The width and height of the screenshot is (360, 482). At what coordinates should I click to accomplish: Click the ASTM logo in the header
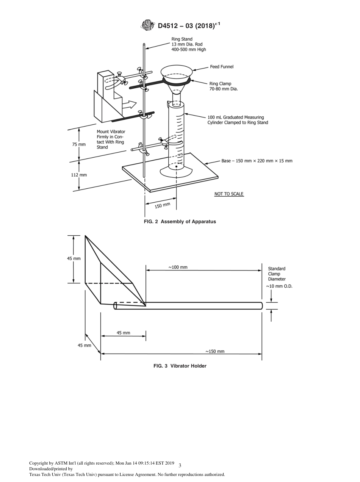[x=148, y=25]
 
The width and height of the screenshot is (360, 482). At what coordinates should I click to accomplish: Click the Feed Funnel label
[x=222, y=67]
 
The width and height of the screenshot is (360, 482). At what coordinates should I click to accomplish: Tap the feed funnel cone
[x=176, y=75]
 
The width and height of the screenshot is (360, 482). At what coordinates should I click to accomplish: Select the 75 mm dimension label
[x=79, y=144]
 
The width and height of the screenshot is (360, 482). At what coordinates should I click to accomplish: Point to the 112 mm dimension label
[x=79, y=175]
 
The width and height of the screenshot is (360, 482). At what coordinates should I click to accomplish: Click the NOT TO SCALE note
[x=229, y=194]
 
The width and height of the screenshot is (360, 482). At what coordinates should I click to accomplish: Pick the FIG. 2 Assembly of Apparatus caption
[x=180, y=222]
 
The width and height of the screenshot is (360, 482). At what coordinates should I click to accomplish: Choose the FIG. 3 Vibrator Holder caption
[x=180, y=366]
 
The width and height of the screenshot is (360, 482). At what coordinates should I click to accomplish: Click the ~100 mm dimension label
[x=178, y=267]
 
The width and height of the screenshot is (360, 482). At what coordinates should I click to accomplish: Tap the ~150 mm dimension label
[x=215, y=351]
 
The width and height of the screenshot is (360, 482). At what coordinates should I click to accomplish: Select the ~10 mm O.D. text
[x=279, y=286]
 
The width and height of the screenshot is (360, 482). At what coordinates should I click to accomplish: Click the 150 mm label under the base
[x=163, y=205]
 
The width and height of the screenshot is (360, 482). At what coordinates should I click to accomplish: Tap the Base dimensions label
[x=257, y=161]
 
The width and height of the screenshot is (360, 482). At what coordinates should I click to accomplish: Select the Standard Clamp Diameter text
[x=277, y=274]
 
